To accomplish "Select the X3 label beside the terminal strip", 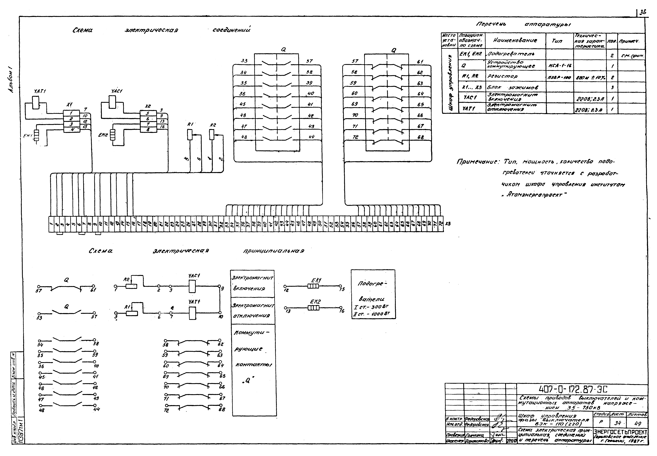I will click(x=448, y=224).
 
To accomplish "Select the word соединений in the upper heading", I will click(x=231, y=30).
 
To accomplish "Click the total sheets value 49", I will click(x=637, y=423).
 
